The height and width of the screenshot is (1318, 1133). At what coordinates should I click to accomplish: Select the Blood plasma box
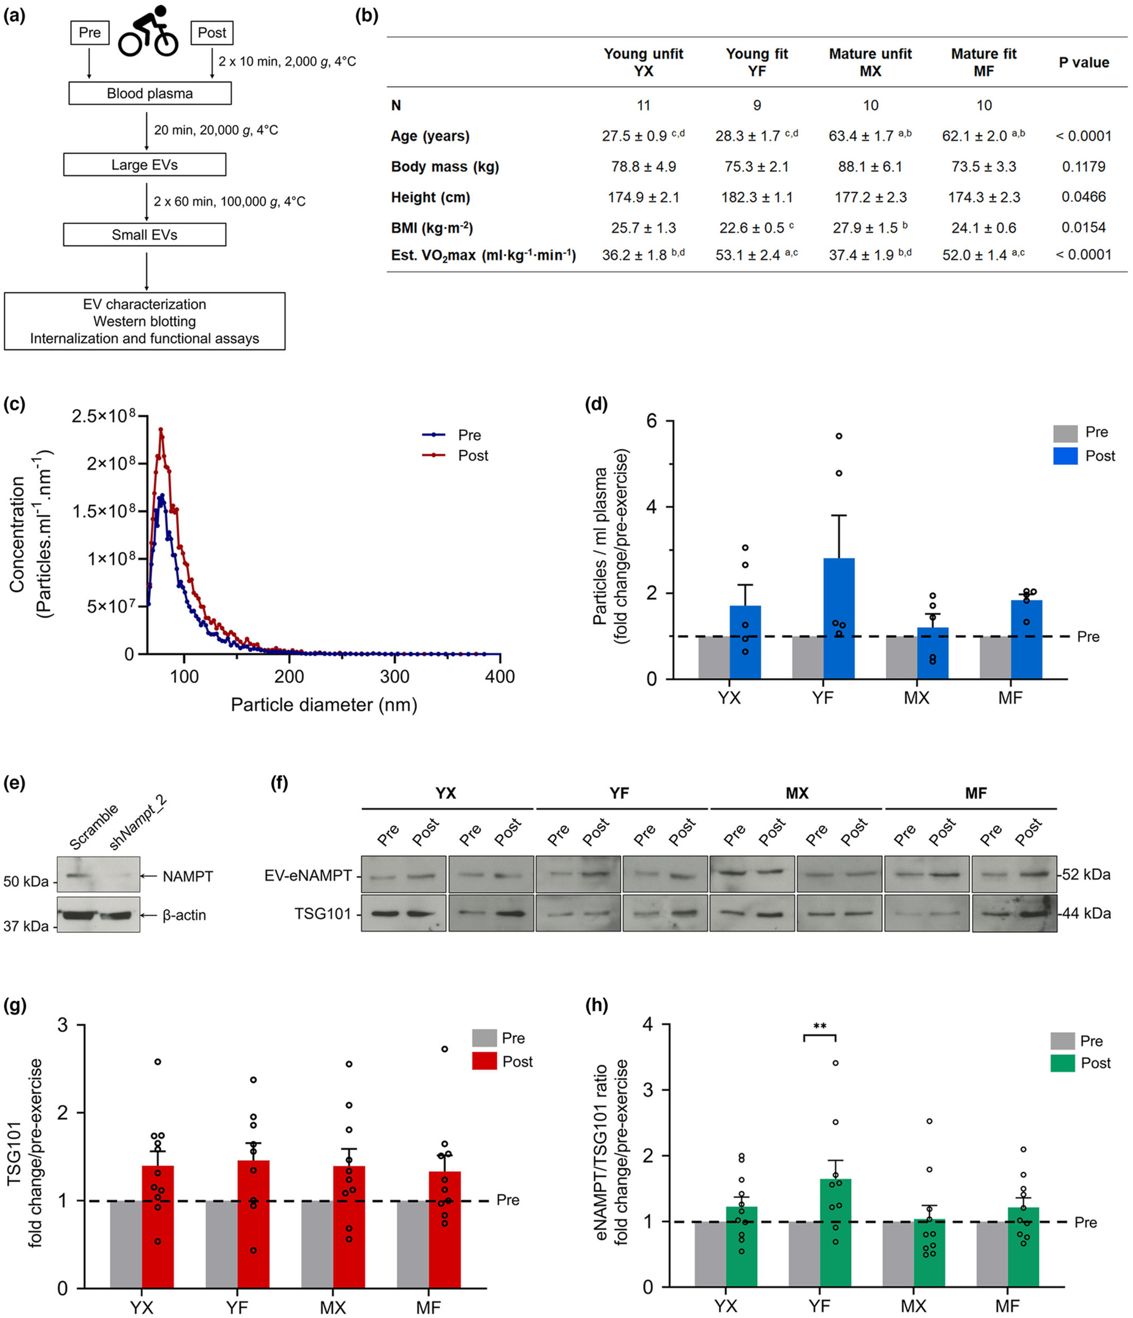pyautogui.click(x=150, y=94)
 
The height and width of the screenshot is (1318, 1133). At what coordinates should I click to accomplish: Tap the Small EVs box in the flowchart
pyautogui.click(x=144, y=235)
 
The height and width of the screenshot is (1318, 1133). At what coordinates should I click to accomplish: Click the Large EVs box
pyautogui.click(x=144, y=165)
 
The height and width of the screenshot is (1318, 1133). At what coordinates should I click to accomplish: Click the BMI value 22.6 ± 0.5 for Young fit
pyautogui.click(x=754, y=228)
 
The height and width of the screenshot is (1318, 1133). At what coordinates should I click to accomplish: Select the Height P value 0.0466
pyautogui.click(x=1083, y=197)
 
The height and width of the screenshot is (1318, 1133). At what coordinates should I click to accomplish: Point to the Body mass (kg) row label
pyautogui.click(x=445, y=167)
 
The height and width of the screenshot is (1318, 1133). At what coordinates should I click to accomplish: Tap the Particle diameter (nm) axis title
pyautogui.click(x=324, y=705)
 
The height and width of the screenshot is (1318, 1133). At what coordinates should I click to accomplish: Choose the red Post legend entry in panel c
pyautogui.click(x=456, y=456)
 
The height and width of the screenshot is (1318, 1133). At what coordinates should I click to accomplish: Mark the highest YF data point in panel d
pyautogui.click(x=839, y=436)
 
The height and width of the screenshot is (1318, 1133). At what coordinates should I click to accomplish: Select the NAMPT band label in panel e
pyautogui.click(x=187, y=877)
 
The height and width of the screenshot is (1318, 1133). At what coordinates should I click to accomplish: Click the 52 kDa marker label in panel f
pyautogui.click(x=1087, y=875)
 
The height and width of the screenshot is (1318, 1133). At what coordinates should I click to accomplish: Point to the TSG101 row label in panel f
pyautogui.click(x=323, y=914)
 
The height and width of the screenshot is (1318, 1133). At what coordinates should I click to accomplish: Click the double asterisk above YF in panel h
pyautogui.click(x=819, y=1027)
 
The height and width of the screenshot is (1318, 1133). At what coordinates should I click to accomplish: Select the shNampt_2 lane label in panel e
pyautogui.click(x=136, y=825)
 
